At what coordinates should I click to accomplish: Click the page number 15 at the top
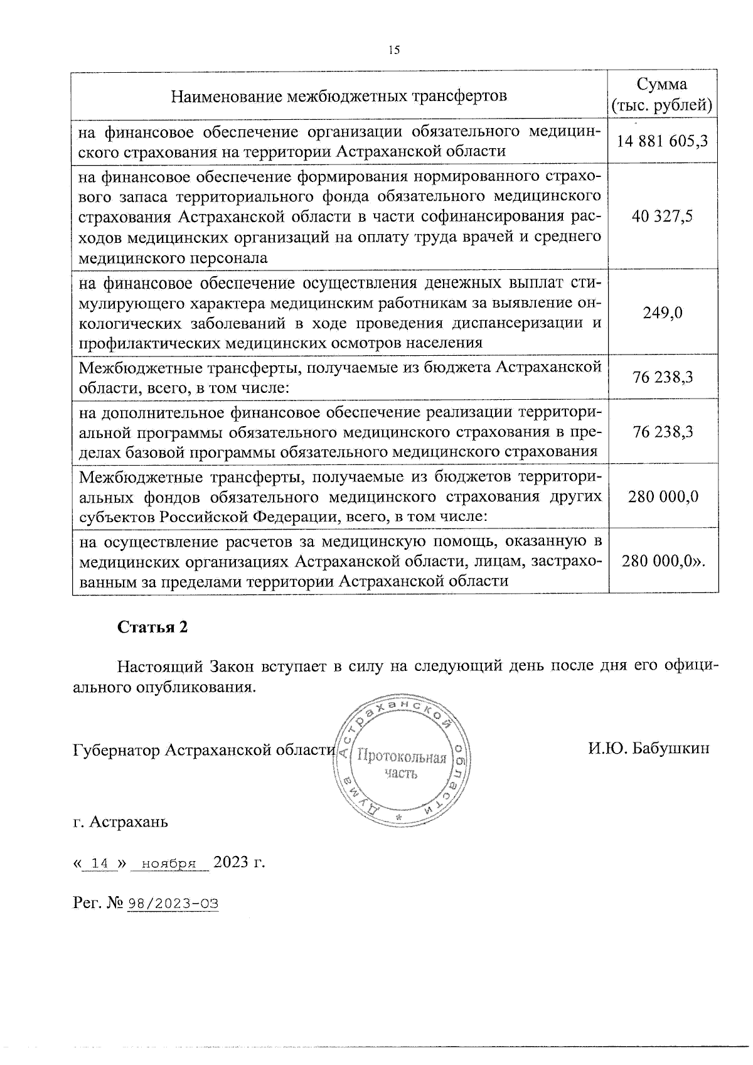point(394,51)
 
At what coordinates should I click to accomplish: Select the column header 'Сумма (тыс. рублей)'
point(662,95)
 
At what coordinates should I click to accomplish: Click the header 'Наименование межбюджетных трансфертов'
point(339,96)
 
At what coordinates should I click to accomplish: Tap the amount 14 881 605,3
point(663,141)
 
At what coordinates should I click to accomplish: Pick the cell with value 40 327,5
point(663,217)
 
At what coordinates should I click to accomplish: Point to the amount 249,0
point(663,313)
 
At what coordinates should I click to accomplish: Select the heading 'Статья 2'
point(153,628)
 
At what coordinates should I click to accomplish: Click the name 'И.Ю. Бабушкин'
point(649,748)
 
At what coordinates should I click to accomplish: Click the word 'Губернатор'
point(117,750)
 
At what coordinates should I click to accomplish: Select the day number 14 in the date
point(100,864)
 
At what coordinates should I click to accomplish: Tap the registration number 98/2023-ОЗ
point(173,904)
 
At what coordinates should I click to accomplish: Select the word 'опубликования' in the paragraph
point(196,687)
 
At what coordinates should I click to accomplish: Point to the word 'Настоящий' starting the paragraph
point(158,666)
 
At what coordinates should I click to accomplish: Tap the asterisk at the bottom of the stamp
point(398,818)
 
